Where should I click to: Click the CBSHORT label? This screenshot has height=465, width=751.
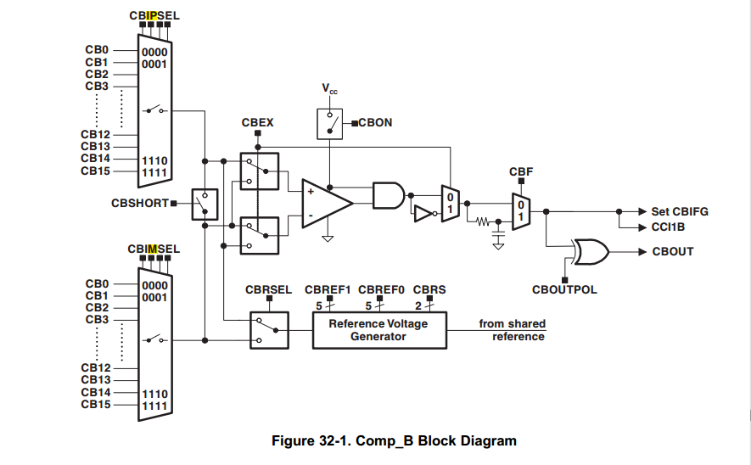(140, 203)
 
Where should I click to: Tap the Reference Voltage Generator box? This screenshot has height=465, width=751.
(378, 330)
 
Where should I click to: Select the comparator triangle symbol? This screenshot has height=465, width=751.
(325, 203)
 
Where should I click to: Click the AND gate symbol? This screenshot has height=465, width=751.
(388, 195)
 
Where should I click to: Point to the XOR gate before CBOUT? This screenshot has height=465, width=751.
(590, 251)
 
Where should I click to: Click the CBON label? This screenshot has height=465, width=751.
(375, 122)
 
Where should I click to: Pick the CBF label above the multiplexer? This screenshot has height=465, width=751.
(521, 172)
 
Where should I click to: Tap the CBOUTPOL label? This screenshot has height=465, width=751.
(564, 289)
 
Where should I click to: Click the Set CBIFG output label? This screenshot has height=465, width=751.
(679, 211)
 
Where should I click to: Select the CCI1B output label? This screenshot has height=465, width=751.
(668, 227)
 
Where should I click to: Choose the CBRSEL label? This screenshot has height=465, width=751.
(268, 289)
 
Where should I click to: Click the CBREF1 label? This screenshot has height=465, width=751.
(328, 289)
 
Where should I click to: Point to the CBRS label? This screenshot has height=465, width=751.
(429, 289)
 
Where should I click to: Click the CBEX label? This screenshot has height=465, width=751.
(258, 124)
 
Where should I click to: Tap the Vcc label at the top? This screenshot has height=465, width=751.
(329, 88)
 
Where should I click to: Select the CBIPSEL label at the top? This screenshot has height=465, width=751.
(154, 15)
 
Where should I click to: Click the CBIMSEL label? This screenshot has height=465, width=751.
(154, 249)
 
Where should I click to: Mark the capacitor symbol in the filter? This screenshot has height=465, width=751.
(498, 244)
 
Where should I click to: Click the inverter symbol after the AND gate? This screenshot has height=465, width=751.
(422, 212)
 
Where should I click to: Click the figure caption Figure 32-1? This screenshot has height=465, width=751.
(394, 440)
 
